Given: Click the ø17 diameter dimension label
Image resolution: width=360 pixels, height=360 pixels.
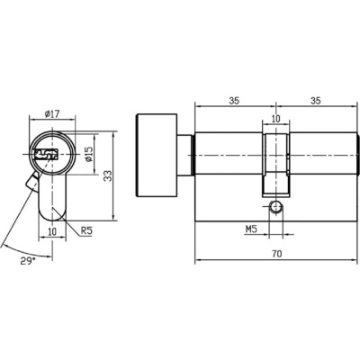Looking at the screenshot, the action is [x=52, y=114].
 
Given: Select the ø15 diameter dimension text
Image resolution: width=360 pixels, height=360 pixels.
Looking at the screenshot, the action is [x=89, y=154].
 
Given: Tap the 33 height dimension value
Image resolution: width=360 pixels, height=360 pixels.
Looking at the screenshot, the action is [x=108, y=176].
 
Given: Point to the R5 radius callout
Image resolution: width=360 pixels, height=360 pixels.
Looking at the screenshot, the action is [x=86, y=231].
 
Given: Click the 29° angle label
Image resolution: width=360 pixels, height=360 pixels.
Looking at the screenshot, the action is [x=28, y=261].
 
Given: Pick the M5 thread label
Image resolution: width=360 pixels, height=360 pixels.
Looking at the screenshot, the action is [x=252, y=229].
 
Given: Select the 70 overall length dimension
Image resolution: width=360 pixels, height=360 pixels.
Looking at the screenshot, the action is [x=277, y=254].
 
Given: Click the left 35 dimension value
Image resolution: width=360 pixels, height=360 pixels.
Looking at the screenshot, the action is [x=234, y=101].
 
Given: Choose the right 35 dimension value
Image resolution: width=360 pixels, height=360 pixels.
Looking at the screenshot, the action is [x=315, y=101].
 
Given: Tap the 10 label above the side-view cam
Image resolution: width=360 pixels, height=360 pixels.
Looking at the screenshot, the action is [x=275, y=119].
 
